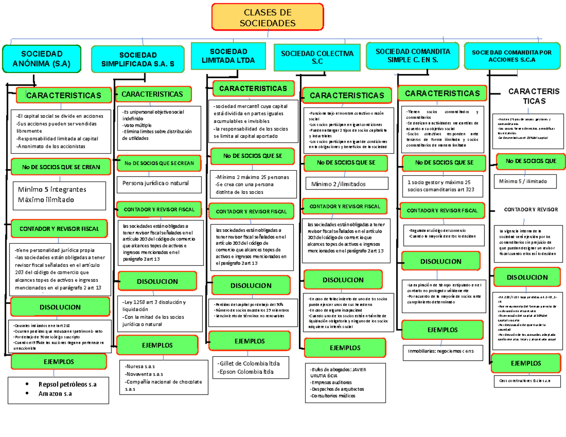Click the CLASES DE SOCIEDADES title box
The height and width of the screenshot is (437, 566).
(267, 17)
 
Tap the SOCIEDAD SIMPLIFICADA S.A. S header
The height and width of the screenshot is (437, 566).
(137, 60)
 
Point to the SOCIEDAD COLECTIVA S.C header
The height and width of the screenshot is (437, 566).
(317, 58)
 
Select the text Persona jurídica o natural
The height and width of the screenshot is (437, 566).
(155, 183)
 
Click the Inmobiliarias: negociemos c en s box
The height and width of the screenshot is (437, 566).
(442, 351)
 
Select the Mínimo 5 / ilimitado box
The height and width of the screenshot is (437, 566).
(523, 181)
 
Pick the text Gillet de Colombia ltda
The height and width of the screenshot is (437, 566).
(249, 363)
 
